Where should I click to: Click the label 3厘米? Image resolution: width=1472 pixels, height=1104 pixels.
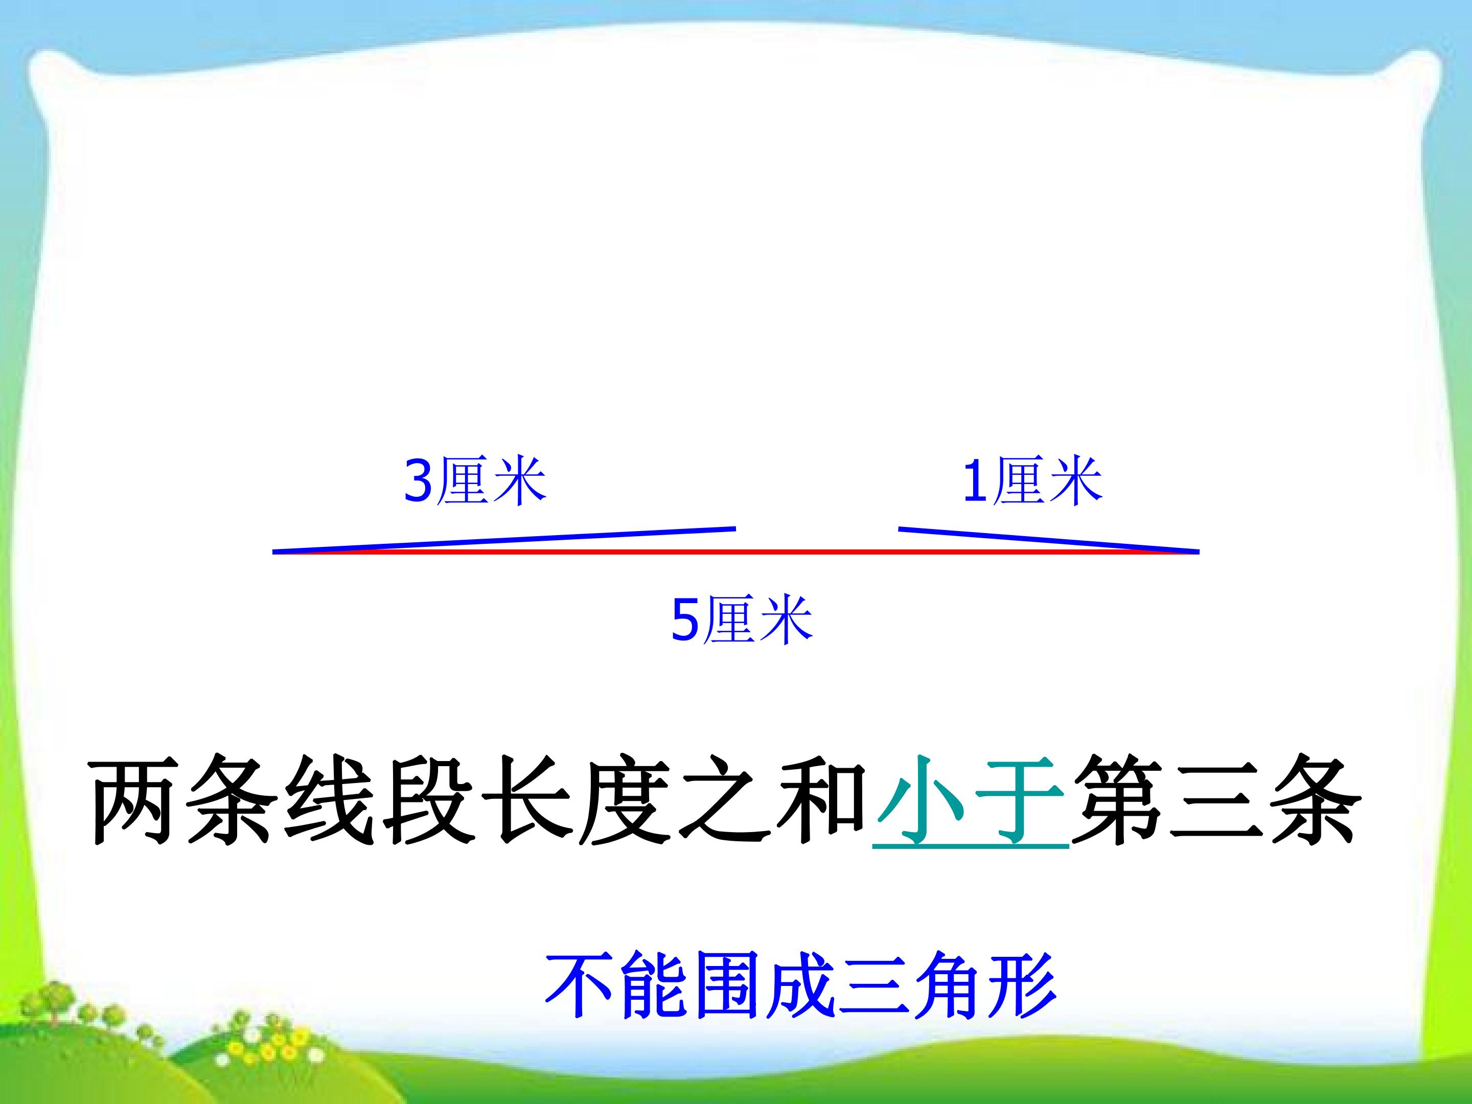pos(475,480)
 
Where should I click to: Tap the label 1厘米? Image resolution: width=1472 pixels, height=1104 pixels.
pos(1032,480)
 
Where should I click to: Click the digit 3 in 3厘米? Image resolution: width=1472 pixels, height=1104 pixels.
pos(419,481)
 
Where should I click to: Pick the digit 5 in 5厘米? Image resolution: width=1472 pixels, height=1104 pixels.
pos(685,620)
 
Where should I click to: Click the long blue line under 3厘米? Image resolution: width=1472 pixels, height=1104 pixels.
pos(504,540)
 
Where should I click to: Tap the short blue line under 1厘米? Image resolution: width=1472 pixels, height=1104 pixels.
pos(1048,540)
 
